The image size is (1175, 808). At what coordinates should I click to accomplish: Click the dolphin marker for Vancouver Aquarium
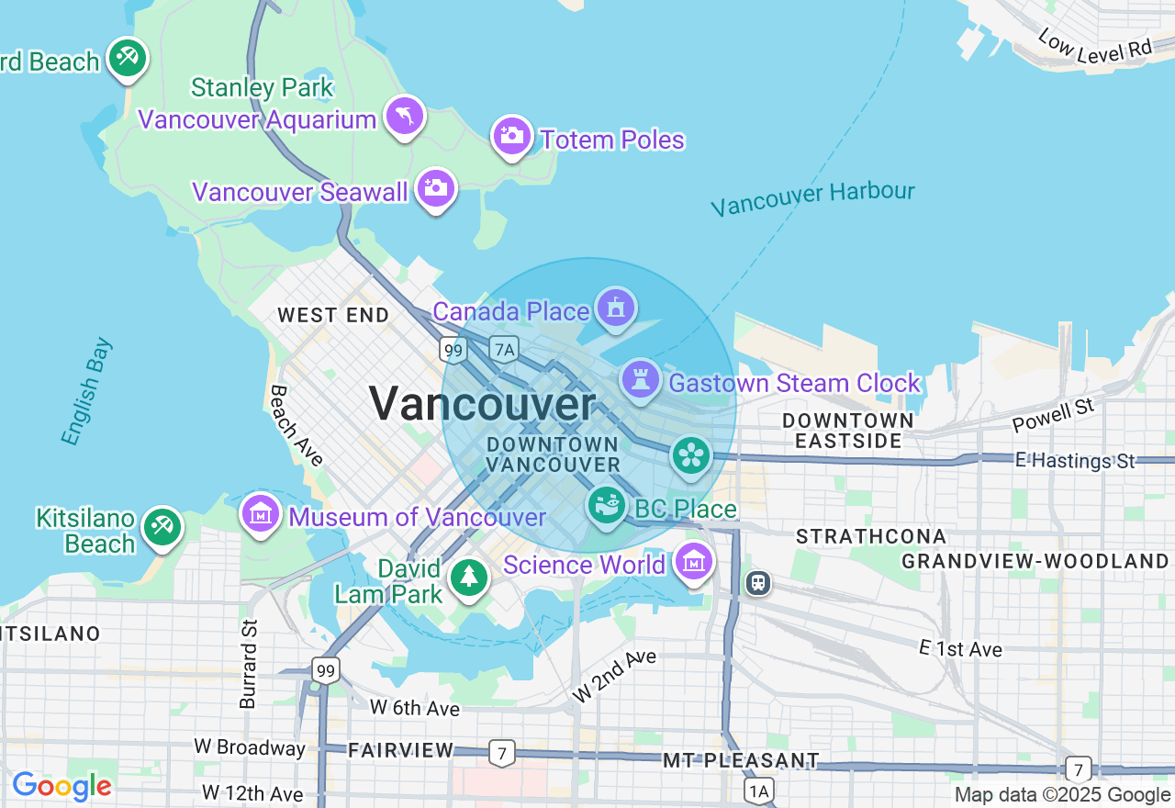point(404,117)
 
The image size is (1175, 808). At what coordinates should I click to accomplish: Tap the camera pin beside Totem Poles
point(512,137)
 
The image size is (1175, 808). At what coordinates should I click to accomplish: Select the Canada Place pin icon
point(616,308)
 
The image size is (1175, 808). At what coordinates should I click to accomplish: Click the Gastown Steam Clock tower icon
point(641,379)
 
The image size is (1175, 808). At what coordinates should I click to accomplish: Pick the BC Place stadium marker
point(607,505)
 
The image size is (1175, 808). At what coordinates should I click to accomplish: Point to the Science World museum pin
point(694,560)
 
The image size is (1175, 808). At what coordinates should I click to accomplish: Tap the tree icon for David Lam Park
point(469,577)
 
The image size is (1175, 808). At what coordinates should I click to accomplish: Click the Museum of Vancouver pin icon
point(261,512)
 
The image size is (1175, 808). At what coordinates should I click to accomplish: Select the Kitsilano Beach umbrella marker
point(162,526)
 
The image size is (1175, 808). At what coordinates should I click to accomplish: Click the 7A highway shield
point(504,349)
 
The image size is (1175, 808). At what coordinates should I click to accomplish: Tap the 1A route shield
point(758,791)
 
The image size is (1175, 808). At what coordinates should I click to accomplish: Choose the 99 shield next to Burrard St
point(325,670)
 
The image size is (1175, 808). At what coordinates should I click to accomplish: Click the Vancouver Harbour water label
point(812,198)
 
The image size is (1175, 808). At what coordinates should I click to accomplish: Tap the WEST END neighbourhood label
point(333,315)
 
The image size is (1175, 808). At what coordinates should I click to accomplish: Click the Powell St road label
point(1054,416)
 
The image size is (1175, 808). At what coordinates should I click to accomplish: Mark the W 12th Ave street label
point(252,792)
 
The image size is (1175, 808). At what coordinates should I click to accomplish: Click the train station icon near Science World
point(758,582)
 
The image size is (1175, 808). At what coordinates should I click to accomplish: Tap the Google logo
point(62,787)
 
